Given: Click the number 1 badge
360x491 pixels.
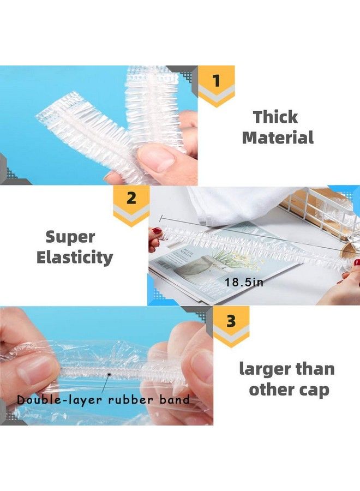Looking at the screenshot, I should click(216, 81).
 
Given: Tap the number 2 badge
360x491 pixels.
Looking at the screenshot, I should click(131, 198).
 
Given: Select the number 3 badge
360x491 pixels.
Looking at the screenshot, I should click(231, 321).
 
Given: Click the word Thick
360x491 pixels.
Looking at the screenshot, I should click(275, 117).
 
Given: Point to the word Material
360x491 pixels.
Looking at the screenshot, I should click(278, 137).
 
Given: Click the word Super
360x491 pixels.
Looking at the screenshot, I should click(70, 237).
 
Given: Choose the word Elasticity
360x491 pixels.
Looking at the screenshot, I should click(75, 257).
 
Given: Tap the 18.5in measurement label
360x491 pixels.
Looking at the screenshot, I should click(244, 282).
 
